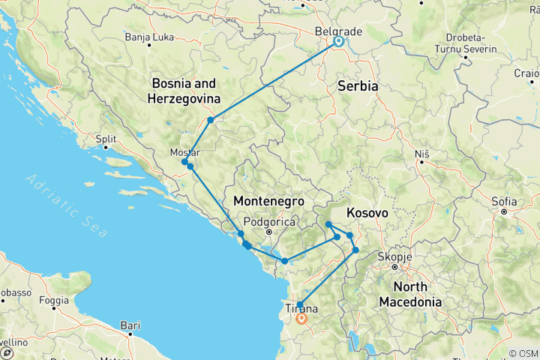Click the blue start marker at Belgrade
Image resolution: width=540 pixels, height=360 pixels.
point(338,42)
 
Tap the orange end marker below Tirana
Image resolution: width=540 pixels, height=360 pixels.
point(301,318)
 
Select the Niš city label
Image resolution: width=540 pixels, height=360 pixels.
point(421,154)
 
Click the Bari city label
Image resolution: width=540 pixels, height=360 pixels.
point(130,325)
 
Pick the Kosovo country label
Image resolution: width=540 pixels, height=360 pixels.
point(367,214)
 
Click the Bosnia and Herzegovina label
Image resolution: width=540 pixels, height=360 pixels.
point(185,91)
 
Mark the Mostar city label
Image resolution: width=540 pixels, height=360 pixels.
point(184,152)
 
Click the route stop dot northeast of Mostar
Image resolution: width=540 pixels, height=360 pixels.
point(211,120)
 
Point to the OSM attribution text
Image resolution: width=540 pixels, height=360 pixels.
point(523,353)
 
